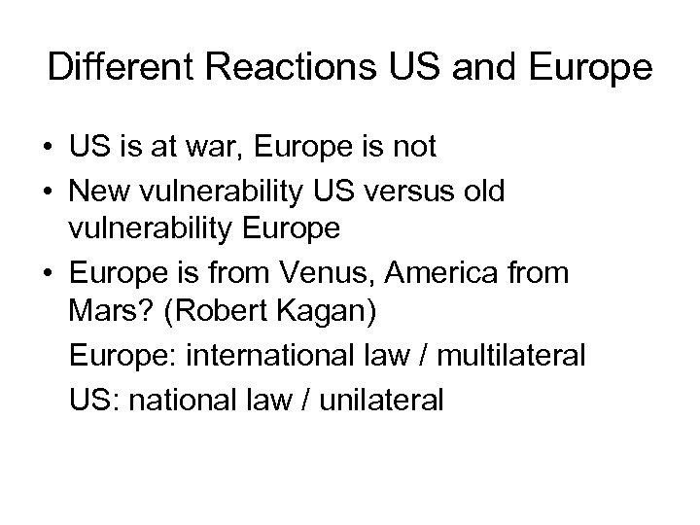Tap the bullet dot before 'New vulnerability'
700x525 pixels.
48,192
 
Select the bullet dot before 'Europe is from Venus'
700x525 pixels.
48,275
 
